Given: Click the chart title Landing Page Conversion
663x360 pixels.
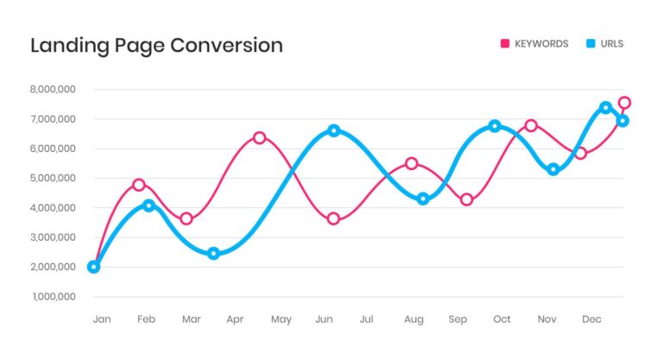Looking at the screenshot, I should [x=156, y=45].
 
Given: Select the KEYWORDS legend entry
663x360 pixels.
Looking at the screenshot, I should [x=540, y=44].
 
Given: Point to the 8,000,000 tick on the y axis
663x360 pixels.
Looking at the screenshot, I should [x=53, y=89].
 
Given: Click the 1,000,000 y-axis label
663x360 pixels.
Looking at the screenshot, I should [x=53, y=297].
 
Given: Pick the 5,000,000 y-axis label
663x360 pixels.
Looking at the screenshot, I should [x=53, y=178].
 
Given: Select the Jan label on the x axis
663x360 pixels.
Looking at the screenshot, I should [x=102, y=319].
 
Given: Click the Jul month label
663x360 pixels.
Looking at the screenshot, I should [x=367, y=319].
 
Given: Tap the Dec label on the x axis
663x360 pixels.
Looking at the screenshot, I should [x=592, y=319].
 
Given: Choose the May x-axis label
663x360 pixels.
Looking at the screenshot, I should [x=281, y=319].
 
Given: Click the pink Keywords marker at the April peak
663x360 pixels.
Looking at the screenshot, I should [x=259, y=138].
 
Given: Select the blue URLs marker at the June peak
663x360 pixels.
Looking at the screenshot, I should [x=333, y=130].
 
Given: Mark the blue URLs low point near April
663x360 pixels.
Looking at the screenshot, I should [x=213, y=254].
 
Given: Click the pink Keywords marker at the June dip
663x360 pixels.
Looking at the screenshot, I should [x=333, y=218].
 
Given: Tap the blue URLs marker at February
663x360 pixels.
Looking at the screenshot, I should [x=148, y=205].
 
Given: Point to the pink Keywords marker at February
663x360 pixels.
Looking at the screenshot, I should [x=138, y=185].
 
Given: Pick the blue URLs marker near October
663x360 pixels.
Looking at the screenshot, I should [x=495, y=126].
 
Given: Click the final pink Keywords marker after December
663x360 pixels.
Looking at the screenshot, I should [x=624, y=103].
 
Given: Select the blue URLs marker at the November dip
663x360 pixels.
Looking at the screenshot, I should [x=553, y=169].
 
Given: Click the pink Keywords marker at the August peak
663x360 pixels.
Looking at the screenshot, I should [x=412, y=164].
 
